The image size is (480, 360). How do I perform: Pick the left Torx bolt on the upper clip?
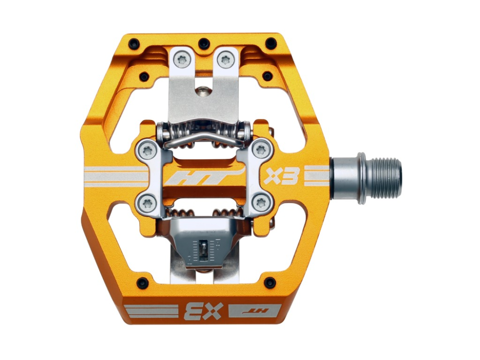pyautogui.click(x=182, y=60)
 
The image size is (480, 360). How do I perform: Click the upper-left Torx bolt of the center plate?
pyautogui.click(x=148, y=151)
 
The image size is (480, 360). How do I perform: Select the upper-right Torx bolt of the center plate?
pyautogui.click(x=261, y=150)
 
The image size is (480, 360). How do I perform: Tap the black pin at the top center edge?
pyautogui.click(x=204, y=43)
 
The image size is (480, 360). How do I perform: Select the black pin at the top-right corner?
pyautogui.click(x=271, y=43)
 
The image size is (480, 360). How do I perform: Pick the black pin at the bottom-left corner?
pyautogui.click(x=143, y=283)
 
